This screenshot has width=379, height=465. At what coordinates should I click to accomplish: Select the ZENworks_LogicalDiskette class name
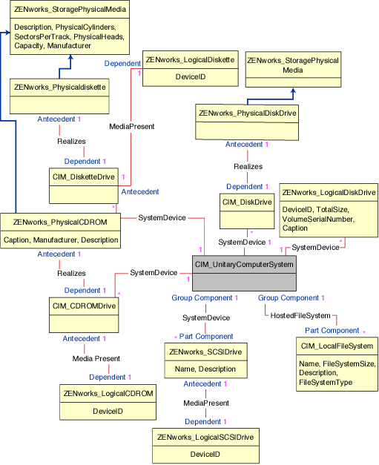(x=191, y=60)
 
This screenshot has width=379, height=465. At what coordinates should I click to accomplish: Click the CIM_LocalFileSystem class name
(x=337, y=346)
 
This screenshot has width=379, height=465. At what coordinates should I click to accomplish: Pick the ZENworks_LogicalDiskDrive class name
(x=329, y=192)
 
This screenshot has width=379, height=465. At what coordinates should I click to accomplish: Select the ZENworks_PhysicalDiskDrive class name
(x=247, y=113)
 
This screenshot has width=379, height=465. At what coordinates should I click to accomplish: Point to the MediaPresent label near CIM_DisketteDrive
(x=131, y=127)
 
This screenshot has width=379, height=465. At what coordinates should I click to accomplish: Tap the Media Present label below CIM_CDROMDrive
(x=96, y=358)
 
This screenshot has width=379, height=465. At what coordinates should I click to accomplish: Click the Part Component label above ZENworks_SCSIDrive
(x=205, y=337)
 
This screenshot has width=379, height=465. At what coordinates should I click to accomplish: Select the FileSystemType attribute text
(x=326, y=383)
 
